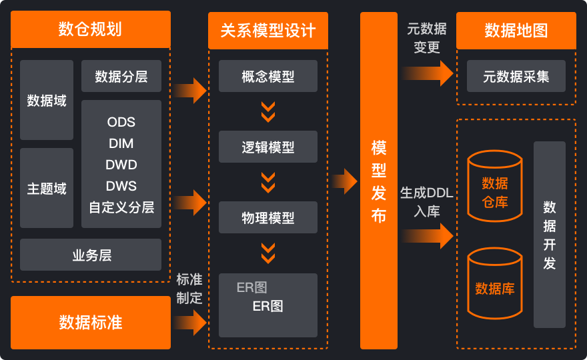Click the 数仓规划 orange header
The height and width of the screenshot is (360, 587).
(x=91, y=29)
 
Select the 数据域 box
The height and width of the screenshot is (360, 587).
(x=47, y=101)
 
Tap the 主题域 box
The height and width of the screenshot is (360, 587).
(x=47, y=189)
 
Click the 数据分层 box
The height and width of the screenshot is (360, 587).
(x=121, y=77)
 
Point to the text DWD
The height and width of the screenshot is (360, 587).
(x=121, y=165)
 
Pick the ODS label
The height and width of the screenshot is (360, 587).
(x=121, y=122)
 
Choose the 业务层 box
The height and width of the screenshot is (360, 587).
(x=91, y=255)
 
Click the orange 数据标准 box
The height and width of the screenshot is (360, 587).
(x=91, y=323)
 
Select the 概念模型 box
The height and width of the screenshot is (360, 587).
(x=268, y=76)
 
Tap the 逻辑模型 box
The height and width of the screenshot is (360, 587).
(x=268, y=147)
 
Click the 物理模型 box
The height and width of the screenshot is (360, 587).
(x=268, y=217)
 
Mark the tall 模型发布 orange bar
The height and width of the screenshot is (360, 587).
(x=379, y=181)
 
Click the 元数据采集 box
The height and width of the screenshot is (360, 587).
(x=516, y=76)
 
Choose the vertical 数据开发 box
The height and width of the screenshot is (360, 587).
(x=550, y=235)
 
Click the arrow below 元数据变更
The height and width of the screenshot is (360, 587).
(x=428, y=72)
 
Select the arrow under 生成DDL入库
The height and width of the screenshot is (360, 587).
(x=428, y=235)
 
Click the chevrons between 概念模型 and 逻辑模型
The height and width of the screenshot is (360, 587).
(x=268, y=111)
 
